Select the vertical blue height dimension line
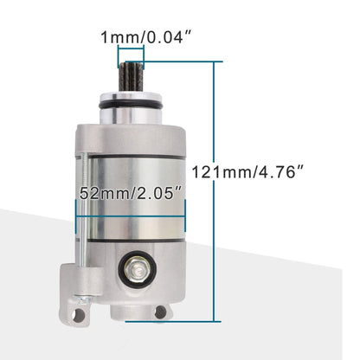point(213,190)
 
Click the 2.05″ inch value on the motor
point(161,194)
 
